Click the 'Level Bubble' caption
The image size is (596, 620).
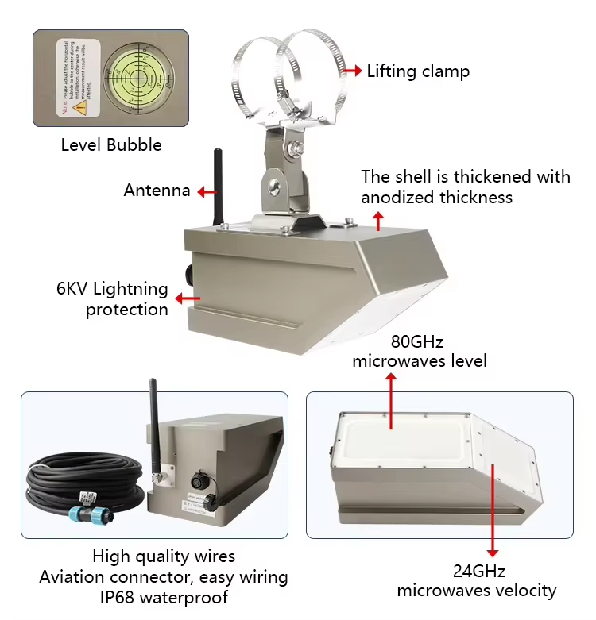[x=111, y=144]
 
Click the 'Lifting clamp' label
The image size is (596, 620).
[x=418, y=71]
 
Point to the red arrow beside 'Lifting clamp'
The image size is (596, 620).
[x=351, y=71]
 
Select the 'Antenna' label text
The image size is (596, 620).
[x=157, y=191]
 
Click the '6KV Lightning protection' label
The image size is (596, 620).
[x=112, y=298]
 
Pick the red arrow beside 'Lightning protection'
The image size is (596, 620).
[x=188, y=298]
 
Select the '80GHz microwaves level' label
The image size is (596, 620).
[x=420, y=352]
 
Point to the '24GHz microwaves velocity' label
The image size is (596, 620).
[x=476, y=581]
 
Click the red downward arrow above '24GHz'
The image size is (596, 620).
[x=493, y=508]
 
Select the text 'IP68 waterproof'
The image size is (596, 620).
[x=164, y=597]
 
